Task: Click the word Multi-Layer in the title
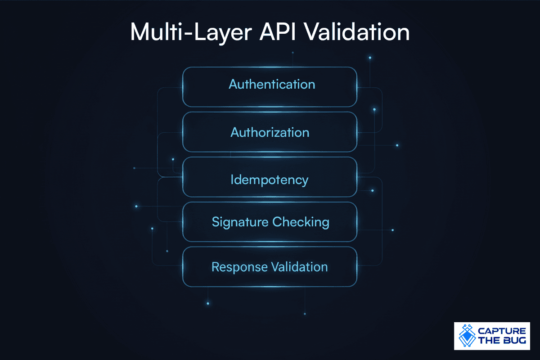coord(191,32)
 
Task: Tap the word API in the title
coord(278,32)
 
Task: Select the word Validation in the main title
coord(356,32)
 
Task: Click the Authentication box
coord(270,87)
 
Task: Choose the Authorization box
coord(270,132)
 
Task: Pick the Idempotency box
coord(270,177)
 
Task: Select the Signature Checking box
coord(270,222)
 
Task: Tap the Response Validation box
coord(270,267)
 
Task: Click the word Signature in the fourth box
coord(240,222)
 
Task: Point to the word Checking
coord(301,222)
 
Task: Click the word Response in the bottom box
coord(239,267)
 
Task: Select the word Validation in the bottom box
coord(299,267)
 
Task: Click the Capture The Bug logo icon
coord(467,336)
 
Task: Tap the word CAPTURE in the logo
coord(502,331)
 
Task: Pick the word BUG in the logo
coord(514,340)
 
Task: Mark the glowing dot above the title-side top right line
coord(370,58)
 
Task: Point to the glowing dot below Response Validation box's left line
coord(208,303)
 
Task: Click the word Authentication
coord(272,85)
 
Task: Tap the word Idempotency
coord(269,180)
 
